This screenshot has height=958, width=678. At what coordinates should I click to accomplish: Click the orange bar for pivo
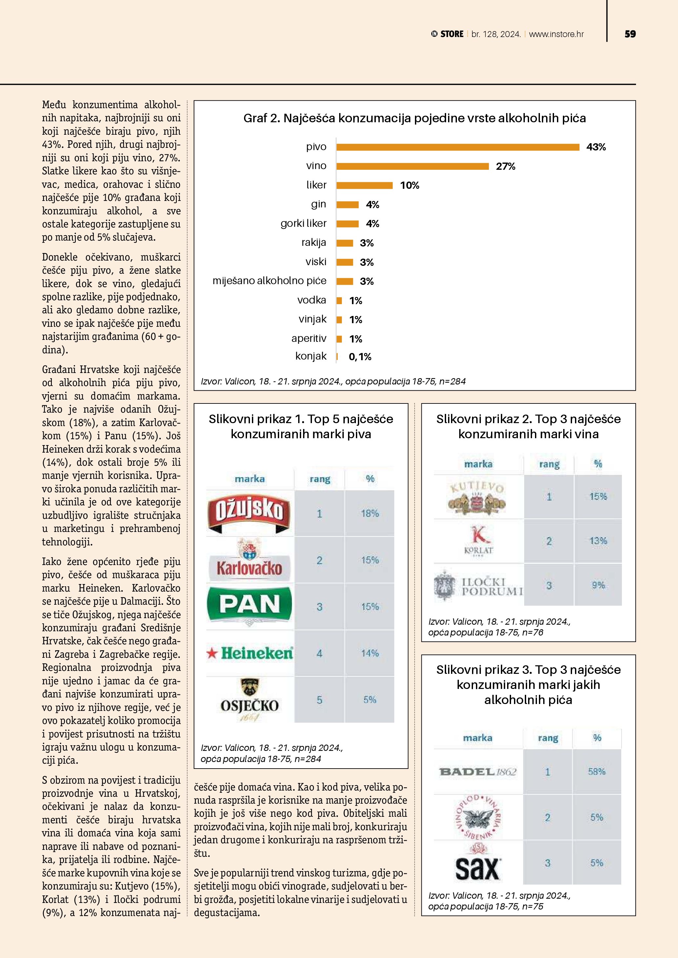coord(458,147)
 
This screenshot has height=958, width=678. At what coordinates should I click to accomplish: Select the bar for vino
coord(413,166)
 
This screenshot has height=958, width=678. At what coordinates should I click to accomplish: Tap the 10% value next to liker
coord(410,185)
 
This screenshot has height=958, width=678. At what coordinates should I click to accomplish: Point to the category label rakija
coord(314,243)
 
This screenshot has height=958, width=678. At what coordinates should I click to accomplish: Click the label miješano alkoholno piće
coord(269,281)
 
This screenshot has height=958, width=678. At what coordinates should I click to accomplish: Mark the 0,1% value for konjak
coord(360,357)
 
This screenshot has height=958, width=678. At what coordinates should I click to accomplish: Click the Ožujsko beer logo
coord(249,513)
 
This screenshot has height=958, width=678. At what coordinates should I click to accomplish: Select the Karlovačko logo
coord(249,560)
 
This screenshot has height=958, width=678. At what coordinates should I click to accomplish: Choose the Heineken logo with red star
coord(250,653)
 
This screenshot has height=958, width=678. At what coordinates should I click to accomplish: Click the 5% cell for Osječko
coord(369,700)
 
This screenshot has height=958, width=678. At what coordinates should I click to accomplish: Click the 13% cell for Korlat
coord(598,541)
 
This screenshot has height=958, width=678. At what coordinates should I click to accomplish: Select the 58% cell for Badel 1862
coord(597,772)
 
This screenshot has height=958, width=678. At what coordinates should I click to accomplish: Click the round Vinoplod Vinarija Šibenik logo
coord(477,817)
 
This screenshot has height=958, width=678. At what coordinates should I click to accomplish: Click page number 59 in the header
coord(630,34)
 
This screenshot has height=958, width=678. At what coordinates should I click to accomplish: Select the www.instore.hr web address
coord(556,34)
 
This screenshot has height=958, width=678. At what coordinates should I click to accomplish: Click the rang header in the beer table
coord(320,479)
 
